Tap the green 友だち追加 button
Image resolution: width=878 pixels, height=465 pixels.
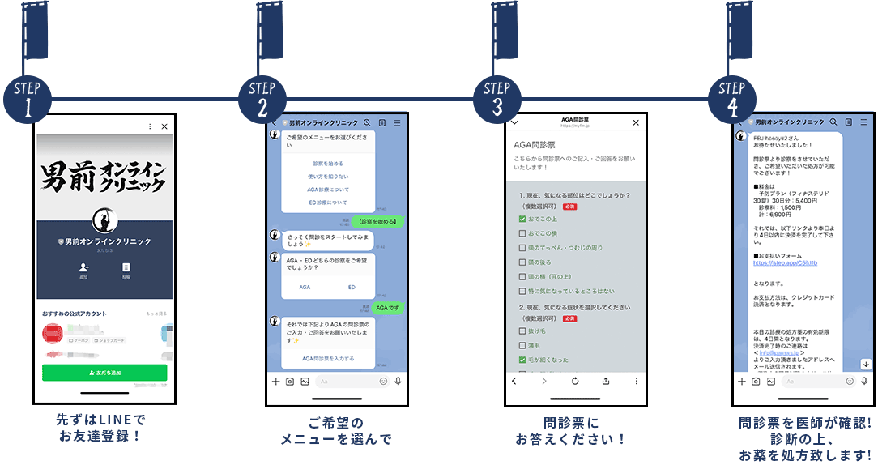pos(104,373)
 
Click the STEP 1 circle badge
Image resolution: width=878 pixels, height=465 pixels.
pos(28,99)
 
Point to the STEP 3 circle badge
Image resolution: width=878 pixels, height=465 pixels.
pos(497,99)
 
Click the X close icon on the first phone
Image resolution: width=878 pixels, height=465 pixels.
pos(164,126)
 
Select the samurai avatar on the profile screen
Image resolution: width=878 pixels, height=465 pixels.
pos(104,220)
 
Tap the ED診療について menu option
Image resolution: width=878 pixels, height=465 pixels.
pos(326,203)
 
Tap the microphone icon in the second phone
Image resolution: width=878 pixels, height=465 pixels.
pos(398,381)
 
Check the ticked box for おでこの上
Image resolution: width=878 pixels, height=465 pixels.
pos(522,219)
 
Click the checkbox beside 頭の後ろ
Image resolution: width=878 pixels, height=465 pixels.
pos(522,262)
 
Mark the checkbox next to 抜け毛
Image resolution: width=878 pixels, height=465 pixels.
pos(522,331)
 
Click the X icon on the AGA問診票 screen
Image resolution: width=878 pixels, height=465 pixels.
pos(636,122)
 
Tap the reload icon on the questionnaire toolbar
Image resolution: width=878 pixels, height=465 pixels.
pos(574,381)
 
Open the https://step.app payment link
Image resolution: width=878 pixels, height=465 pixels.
pos(785,263)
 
